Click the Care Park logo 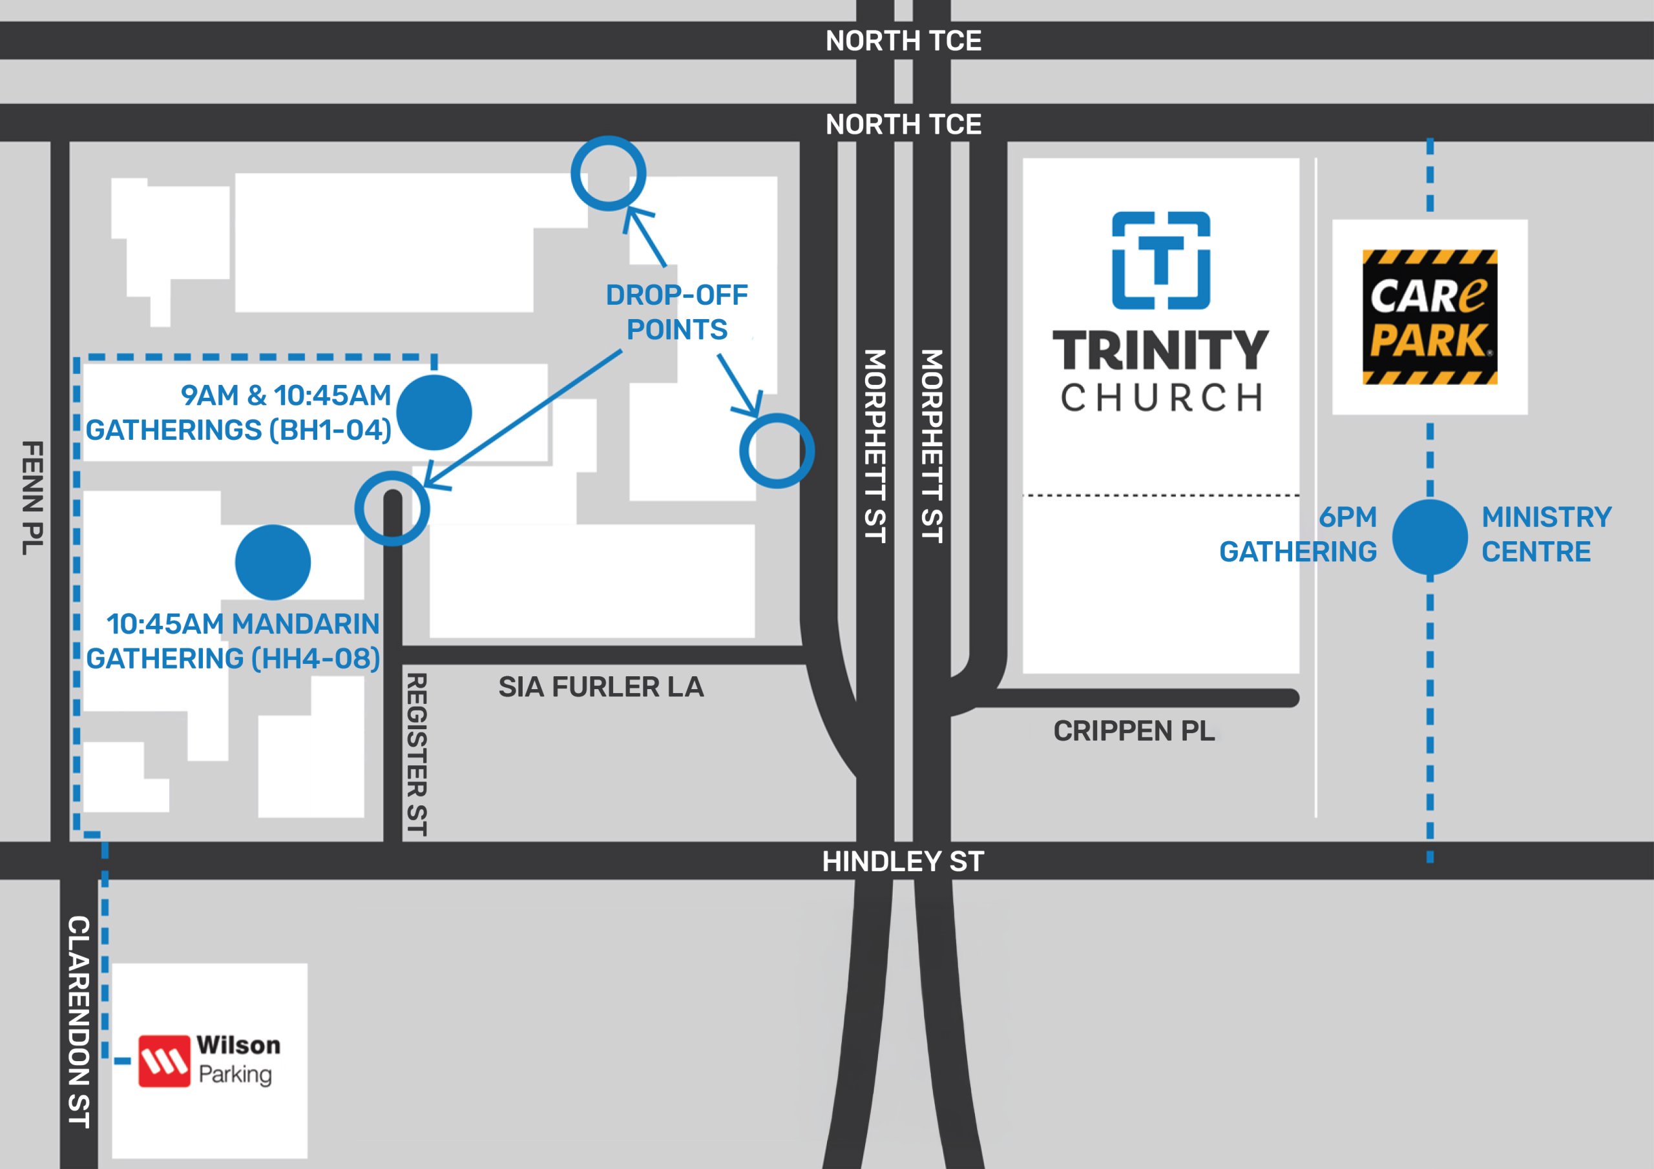1429,317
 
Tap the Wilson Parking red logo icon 164,1061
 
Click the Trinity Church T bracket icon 1160,261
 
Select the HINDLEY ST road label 903,862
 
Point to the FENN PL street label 32,499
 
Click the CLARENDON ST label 79,1021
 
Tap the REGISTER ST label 416,754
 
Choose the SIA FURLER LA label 601,687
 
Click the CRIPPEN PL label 1134,731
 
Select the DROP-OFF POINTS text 676,312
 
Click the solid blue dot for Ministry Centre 1429,537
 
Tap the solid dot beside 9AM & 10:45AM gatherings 434,413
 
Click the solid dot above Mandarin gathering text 273,563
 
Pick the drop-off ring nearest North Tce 608,174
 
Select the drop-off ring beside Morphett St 777,451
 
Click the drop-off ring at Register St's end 392,508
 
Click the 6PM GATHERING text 1298,534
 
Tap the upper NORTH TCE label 903,40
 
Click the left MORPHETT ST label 875,446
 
